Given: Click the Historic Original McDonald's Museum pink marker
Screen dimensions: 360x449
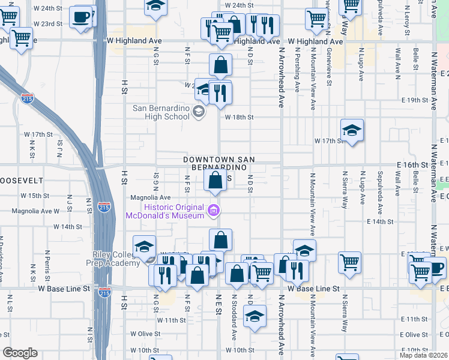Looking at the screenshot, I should point(213,210).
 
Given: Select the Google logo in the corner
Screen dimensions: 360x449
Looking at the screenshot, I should point(20,353).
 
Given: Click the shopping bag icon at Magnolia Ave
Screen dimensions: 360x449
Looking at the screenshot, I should point(215,180).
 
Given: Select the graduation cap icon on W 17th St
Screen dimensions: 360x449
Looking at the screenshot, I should point(352,130).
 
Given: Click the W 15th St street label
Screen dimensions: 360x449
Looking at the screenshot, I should point(34,196).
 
